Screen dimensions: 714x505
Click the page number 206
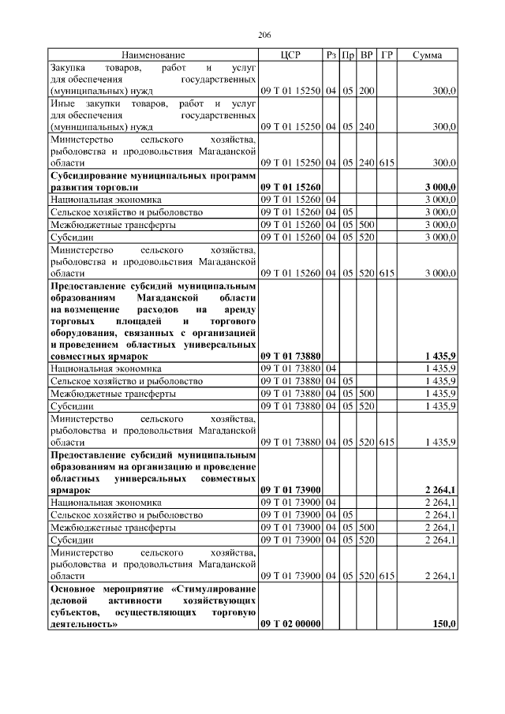coord(264,36)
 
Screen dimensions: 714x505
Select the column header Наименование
coord(153,55)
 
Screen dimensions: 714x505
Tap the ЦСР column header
coord(290,55)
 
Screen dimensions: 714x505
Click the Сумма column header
coord(427,55)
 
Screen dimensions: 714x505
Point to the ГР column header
coord(387,55)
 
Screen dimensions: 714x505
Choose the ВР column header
coord(367,55)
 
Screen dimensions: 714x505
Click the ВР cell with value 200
coord(366,92)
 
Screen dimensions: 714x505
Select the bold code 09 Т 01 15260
coord(290,188)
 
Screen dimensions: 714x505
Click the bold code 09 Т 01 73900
coord(290,490)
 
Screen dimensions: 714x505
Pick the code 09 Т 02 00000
coord(290,624)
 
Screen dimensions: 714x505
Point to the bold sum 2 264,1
coord(440,490)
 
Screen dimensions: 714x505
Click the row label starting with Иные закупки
coord(152,115)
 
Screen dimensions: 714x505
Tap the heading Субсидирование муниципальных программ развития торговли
coord(152,181)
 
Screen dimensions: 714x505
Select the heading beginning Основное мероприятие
coord(152,607)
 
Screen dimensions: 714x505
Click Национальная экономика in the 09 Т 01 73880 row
coord(106,368)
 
